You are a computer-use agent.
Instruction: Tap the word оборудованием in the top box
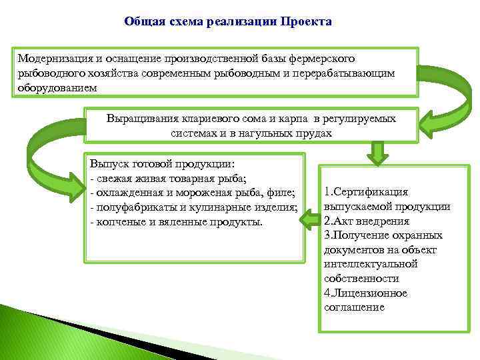pyautogui.click(x=58, y=87)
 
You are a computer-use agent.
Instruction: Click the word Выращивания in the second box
pyautogui.click(x=139, y=119)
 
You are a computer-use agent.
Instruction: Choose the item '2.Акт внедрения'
pyautogui.click(x=366, y=221)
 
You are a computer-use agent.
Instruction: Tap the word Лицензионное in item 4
pyautogui.click(x=370, y=293)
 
